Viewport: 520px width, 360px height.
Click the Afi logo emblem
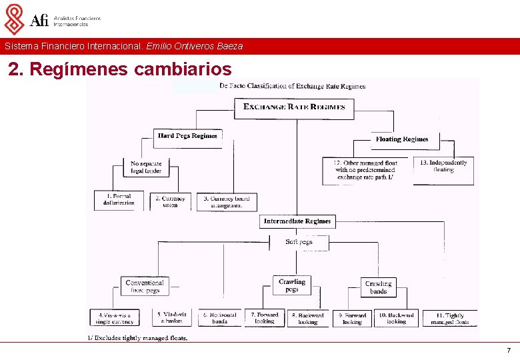[14, 19]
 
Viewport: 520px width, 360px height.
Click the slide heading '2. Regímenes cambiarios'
[120, 69]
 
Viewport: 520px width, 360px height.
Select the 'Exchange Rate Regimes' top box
[294, 107]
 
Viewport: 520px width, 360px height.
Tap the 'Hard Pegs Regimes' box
[187, 136]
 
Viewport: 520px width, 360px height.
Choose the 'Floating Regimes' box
[401, 139]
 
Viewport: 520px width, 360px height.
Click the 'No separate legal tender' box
[146, 167]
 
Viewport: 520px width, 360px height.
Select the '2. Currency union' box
[171, 201]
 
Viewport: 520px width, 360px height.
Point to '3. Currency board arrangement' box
[226, 201]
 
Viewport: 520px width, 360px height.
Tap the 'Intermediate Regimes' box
[297, 221]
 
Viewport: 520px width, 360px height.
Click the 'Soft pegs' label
[299, 242]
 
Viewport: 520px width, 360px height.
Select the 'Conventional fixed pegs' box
[145, 286]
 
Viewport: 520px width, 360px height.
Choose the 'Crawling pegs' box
[292, 285]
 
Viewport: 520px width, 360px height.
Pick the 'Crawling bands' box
[378, 287]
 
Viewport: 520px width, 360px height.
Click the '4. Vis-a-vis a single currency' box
[115, 318]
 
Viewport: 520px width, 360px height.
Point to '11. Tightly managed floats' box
[450, 318]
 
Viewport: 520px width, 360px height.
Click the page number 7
[509, 351]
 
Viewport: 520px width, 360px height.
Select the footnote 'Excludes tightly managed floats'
[138, 338]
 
